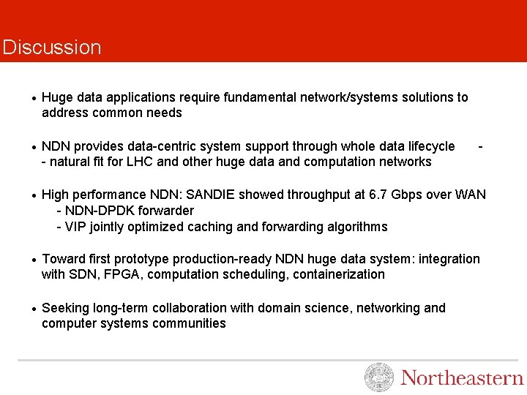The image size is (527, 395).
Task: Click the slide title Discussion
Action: pos(51,48)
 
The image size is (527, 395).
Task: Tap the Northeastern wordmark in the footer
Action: pos(462,378)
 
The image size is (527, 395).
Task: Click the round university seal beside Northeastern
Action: pos(378,377)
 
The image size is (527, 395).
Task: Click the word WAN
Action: pos(470,195)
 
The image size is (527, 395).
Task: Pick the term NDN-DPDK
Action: pos(94,211)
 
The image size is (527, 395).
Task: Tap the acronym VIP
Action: pos(75,227)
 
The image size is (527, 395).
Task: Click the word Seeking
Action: pos(65,308)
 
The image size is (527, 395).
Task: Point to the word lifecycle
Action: pos(427,146)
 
